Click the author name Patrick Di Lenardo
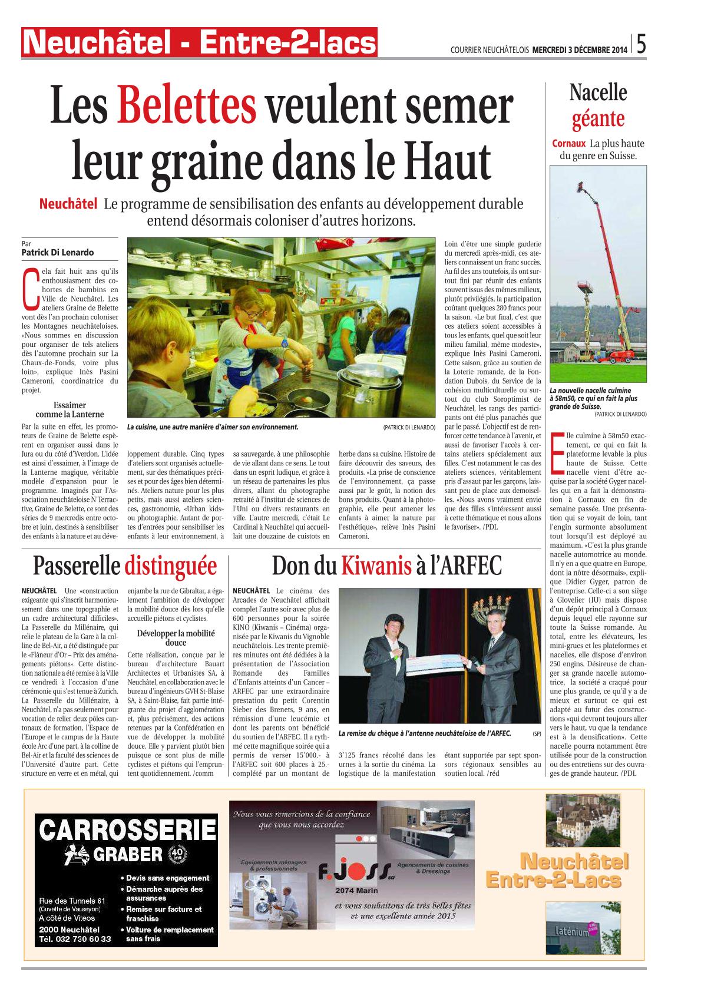[x=58, y=253]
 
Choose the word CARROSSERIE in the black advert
[x=127, y=831]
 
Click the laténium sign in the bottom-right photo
[x=568, y=932]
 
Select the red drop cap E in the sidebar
[x=556, y=452]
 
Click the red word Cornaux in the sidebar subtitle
[x=569, y=144]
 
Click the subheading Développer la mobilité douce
[x=176, y=638]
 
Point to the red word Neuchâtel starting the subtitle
[x=68, y=204]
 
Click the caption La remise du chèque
[x=424, y=733]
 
